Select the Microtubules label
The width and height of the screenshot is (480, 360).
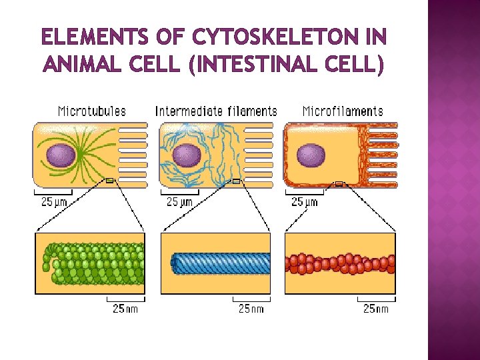[x=91, y=111]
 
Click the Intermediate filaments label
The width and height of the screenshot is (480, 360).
[x=216, y=111]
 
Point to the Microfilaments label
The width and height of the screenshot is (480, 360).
[x=343, y=111]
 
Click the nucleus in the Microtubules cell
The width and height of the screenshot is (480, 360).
[x=60, y=155]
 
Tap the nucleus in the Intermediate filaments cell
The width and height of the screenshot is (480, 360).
[x=186, y=155]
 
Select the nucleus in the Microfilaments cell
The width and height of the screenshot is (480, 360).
[x=311, y=155]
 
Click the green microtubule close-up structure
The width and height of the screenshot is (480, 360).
[x=93, y=263]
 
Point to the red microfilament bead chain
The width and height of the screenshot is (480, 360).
[x=340, y=263]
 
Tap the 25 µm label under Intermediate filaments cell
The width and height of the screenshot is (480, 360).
[x=179, y=201]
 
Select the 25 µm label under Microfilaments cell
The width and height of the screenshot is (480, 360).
[x=305, y=201]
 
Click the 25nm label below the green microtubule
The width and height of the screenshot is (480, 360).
[x=126, y=308]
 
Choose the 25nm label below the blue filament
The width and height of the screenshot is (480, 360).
[x=251, y=308]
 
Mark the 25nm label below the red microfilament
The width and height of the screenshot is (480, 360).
[x=375, y=308]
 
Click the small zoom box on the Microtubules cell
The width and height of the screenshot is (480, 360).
[x=110, y=181]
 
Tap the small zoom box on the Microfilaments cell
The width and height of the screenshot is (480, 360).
[x=339, y=183]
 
